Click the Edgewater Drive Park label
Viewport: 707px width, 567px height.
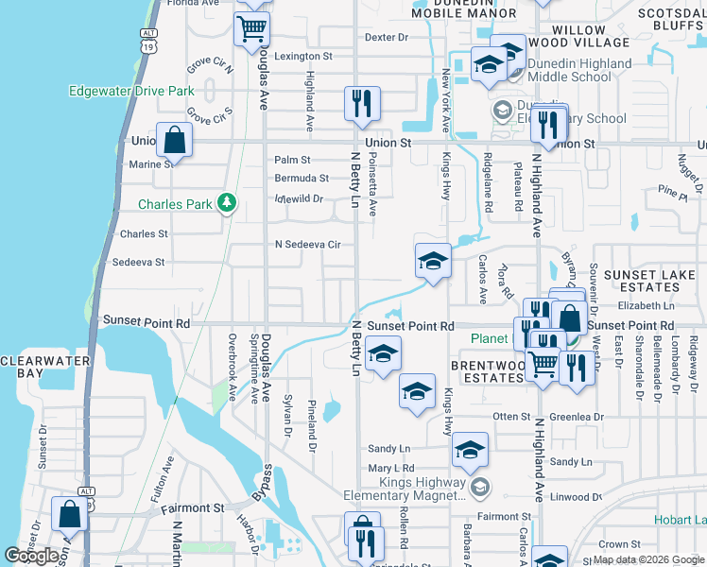pyautogui.click(x=131, y=92)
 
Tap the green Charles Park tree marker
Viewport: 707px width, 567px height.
pyautogui.click(x=226, y=203)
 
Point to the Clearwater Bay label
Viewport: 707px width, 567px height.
pyautogui.click(x=44, y=367)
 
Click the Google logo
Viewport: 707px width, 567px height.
pyautogui.click(x=31, y=556)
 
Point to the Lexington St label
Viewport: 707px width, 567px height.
pyautogui.click(x=303, y=57)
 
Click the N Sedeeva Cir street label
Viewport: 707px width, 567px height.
pyautogui.click(x=307, y=245)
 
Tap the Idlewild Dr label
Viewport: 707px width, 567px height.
pyautogui.click(x=299, y=199)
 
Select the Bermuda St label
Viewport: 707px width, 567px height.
pyautogui.click(x=302, y=178)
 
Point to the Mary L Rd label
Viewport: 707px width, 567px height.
pyautogui.click(x=391, y=469)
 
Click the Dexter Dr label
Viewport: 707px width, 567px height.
pyautogui.click(x=386, y=38)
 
